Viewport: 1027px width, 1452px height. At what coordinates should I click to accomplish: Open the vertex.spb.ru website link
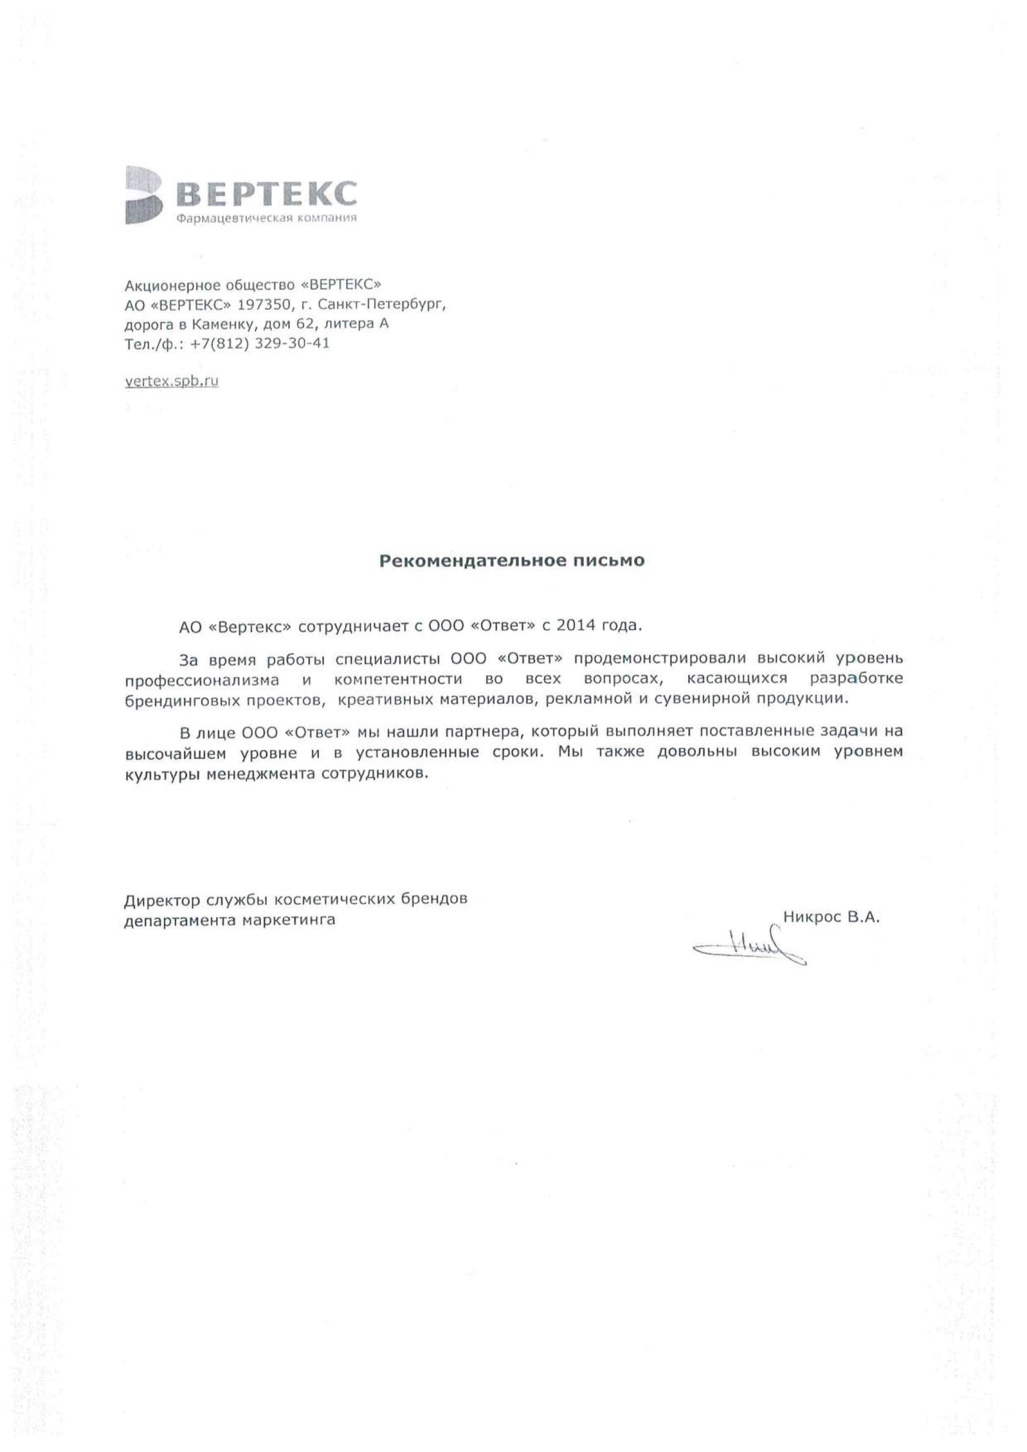click(x=171, y=381)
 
